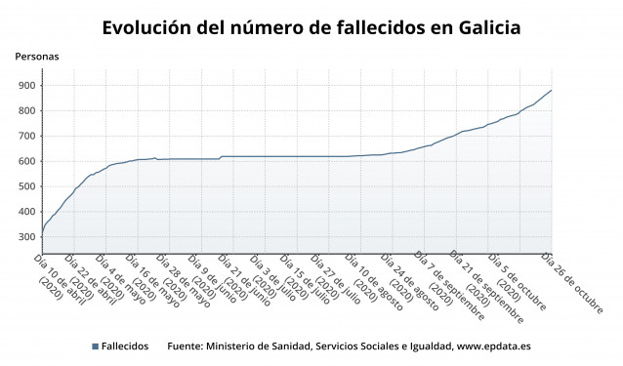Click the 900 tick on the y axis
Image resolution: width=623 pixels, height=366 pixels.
pyautogui.click(x=24, y=85)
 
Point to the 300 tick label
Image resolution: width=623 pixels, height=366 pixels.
pyautogui.click(x=24, y=237)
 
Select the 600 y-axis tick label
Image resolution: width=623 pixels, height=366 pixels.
pyautogui.click(x=24, y=161)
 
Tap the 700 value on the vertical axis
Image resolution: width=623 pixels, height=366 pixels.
pyautogui.click(x=24, y=136)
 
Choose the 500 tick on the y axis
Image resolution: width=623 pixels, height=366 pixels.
pyautogui.click(x=24, y=186)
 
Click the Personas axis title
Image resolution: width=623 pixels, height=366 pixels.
pyautogui.click(x=37, y=57)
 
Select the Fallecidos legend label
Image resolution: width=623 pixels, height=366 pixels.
pyautogui.click(x=125, y=346)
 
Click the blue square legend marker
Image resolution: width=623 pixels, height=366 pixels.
pyautogui.click(x=95, y=346)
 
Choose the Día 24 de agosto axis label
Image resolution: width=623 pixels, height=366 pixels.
pyautogui.click(x=414, y=281)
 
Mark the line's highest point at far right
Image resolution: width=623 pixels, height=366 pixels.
pyautogui.click(x=551, y=90)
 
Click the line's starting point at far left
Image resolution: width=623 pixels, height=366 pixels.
pyautogui.click(x=42, y=232)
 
